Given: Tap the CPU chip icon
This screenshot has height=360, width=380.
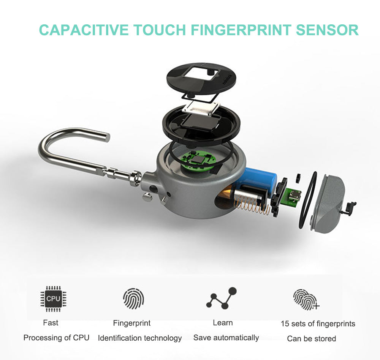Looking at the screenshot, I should pyautogui.click(x=53, y=298).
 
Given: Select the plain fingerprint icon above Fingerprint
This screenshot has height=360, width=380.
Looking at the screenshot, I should pyautogui.click(x=133, y=298).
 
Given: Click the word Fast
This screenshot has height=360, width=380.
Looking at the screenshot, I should pyautogui.click(x=51, y=323).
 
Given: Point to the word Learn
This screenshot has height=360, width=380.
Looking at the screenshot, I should pyautogui.click(x=223, y=323).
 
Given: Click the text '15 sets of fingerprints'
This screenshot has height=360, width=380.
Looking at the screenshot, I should pyautogui.click(x=318, y=324).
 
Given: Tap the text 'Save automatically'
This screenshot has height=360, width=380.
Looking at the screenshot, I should pyautogui.click(x=226, y=338).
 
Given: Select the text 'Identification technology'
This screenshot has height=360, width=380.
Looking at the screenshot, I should pyautogui.click(x=140, y=338).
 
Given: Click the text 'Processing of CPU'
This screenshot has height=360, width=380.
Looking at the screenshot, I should pyautogui.click(x=56, y=338).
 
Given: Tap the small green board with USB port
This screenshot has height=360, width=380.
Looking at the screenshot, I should pyautogui.click(x=293, y=197).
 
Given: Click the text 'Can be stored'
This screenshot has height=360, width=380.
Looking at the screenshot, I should pyautogui.click(x=311, y=338).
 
